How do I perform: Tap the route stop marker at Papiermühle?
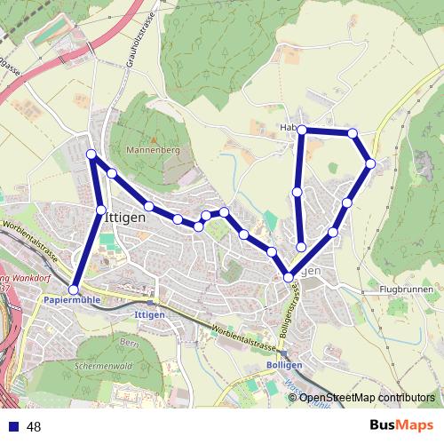point(74,289)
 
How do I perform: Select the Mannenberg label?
point(154,151)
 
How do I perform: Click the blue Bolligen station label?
point(285,365)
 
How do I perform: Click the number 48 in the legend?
point(34,427)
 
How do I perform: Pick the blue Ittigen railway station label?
point(148,314)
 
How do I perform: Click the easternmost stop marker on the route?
point(370,163)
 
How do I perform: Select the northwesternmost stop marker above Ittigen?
point(91,155)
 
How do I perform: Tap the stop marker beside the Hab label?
point(302,131)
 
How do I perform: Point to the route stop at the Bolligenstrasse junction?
point(289,278)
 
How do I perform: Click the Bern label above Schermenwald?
point(131,342)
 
